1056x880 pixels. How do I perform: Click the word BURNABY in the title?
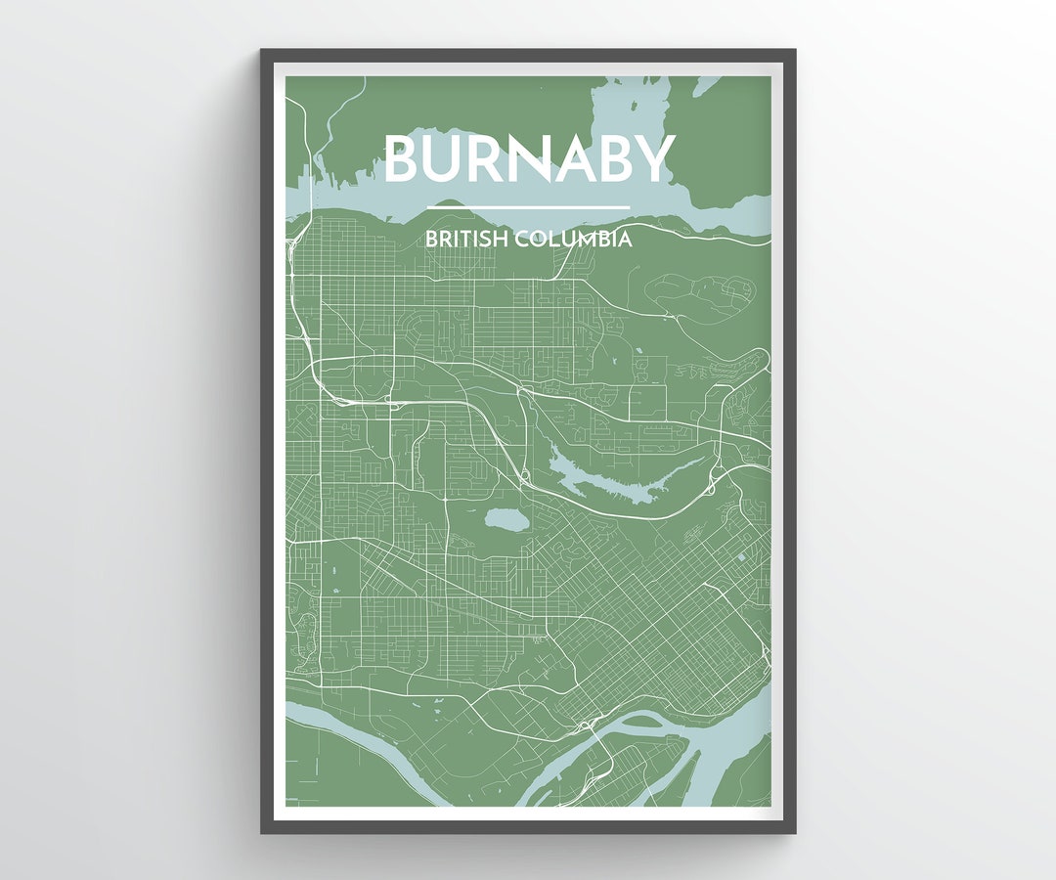pyautogui.click(x=529, y=158)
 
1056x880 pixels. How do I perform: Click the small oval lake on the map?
pyautogui.click(x=504, y=519)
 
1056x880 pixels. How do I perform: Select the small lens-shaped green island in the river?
pyautogui.click(x=641, y=722)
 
